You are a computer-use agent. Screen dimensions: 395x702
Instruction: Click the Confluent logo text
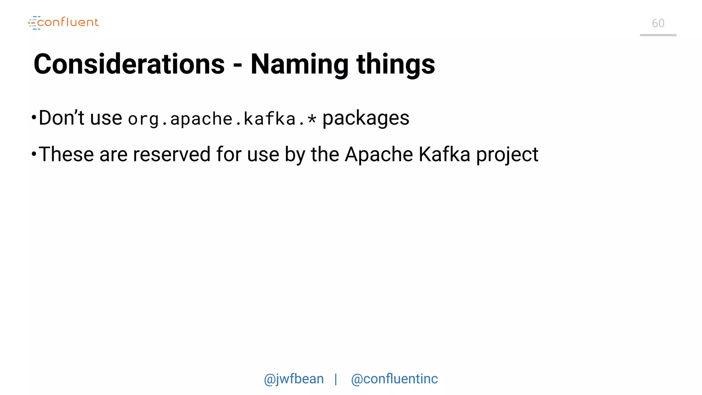[x=68, y=23]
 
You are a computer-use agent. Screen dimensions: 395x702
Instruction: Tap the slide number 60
[x=658, y=23]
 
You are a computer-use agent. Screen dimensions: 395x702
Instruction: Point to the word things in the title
[x=396, y=65]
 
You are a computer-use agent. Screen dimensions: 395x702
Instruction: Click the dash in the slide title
[x=238, y=65]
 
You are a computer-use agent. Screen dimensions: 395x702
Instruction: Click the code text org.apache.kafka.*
[x=222, y=119]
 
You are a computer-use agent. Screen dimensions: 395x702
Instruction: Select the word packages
[x=366, y=119]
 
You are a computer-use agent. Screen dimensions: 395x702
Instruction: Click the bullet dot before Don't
[x=34, y=118]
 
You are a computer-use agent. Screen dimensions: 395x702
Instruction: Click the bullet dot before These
[x=34, y=154]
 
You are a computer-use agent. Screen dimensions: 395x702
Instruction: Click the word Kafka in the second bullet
[x=444, y=154]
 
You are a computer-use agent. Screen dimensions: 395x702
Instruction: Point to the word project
[x=507, y=155]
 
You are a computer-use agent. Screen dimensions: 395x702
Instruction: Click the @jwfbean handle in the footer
[x=294, y=379]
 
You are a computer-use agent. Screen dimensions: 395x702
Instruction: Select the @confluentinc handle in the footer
[x=394, y=379]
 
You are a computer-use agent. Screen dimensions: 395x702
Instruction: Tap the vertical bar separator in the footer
[x=336, y=379]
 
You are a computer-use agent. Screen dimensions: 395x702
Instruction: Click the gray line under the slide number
[x=658, y=35]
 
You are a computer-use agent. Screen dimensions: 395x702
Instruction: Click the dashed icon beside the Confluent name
[x=34, y=23]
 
